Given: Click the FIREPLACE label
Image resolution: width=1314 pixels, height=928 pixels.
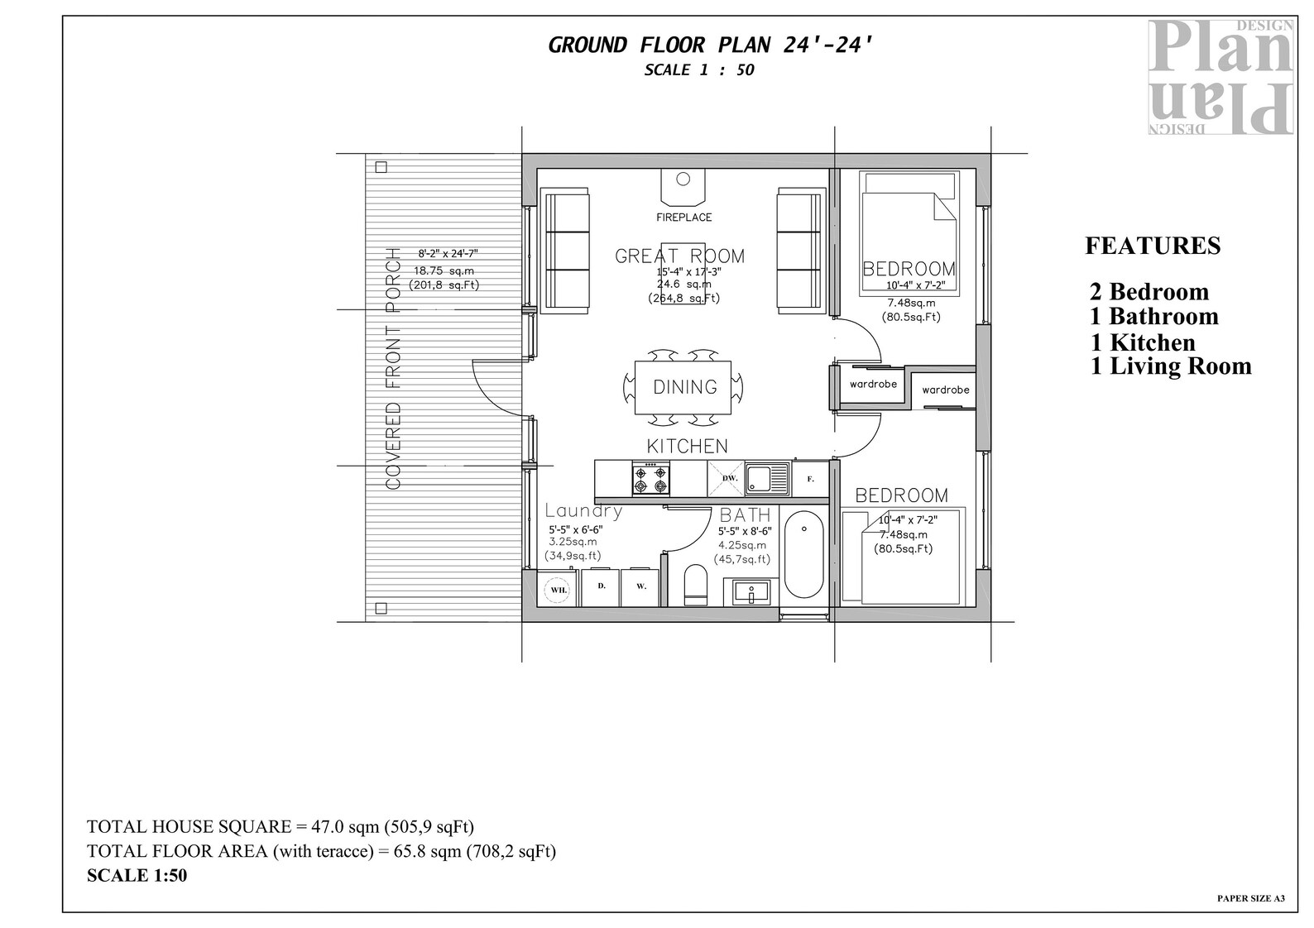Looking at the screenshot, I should pos(683,218).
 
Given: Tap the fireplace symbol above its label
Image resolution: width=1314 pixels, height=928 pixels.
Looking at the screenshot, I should pos(683,185).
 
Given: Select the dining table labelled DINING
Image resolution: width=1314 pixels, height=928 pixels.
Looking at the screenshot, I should pos(683,387).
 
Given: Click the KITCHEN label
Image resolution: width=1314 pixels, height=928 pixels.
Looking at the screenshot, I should pos(687,447).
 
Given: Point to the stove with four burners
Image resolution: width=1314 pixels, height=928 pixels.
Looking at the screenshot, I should pos(651,480).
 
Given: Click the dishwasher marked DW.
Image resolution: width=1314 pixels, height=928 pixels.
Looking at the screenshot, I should pos(729,479).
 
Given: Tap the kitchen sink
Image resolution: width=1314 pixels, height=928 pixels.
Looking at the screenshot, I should pos(768,479).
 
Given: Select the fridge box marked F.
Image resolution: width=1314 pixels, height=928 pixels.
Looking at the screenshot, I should pos(811,479).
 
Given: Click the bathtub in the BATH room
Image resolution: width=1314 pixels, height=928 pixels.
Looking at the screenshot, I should pos(803,555).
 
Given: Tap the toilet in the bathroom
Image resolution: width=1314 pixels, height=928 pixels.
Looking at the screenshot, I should pos(696,585).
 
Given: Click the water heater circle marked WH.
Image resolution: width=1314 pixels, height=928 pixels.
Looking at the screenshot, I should pos(559,589).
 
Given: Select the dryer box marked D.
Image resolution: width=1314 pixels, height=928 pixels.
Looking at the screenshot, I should pos(602,587).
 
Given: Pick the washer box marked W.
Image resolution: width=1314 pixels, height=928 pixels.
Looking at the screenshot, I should pos(640,587).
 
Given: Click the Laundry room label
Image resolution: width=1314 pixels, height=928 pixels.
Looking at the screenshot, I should pos(583,511).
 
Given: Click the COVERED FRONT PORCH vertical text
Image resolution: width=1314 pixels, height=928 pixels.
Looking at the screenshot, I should pos(394,368).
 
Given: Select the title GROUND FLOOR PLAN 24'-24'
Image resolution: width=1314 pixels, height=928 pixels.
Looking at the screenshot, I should pos(710,45).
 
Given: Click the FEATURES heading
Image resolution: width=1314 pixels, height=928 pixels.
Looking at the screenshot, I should pos(1153,246).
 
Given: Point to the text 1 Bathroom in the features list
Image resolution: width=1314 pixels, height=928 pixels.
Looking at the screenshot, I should pos(1154,317).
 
